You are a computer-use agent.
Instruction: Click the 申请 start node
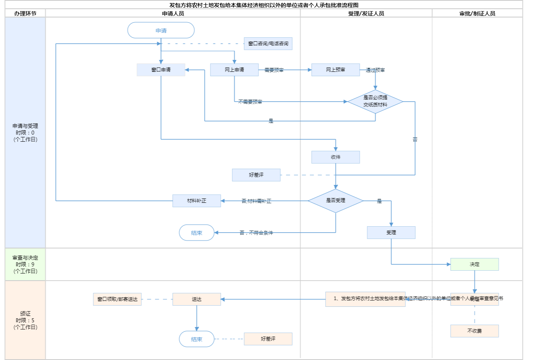(161, 31)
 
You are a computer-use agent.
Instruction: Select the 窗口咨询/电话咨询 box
(268, 44)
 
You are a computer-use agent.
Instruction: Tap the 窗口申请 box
(161, 70)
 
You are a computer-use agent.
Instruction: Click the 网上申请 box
(234, 70)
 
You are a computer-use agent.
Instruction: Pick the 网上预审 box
(335, 70)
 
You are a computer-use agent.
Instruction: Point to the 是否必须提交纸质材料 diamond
(375, 102)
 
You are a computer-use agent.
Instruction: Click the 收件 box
(335, 157)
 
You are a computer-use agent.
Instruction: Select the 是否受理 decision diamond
(335, 201)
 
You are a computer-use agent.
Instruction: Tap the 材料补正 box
(197, 201)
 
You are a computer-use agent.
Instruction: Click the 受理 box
(391, 233)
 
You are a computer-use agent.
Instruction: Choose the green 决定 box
(474, 264)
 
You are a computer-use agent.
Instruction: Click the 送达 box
(197, 299)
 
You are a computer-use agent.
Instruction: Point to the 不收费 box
(474, 331)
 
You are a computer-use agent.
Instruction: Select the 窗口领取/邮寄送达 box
(117, 299)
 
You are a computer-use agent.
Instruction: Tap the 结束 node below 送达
(197, 339)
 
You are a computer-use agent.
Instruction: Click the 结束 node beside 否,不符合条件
(197, 233)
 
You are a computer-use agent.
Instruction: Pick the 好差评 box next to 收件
(256, 175)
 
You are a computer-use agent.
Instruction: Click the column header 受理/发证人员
(366, 13)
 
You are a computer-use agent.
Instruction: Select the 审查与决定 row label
(25, 264)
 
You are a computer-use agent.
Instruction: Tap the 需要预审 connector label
(274, 70)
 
